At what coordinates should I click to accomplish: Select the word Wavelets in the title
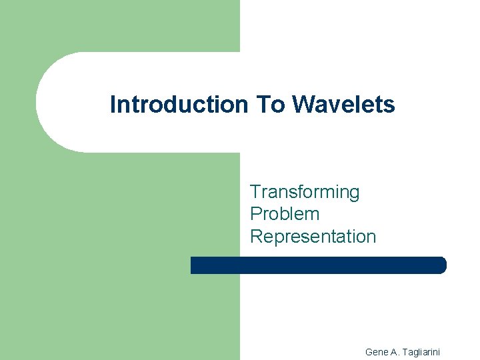click(x=343, y=105)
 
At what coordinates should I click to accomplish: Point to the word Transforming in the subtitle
click(x=304, y=193)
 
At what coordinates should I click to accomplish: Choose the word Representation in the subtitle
click(x=313, y=236)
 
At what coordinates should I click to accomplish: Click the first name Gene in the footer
click(x=377, y=351)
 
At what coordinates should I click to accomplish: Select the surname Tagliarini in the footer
click(x=426, y=351)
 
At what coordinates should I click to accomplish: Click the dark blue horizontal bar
click(x=318, y=265)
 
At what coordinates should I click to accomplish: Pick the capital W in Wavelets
click(x=303, y=105)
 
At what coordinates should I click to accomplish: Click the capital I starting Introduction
click(x=113, y=105)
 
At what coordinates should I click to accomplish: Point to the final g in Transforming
click(x=354, y=194)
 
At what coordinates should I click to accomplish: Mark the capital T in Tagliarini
click(x=406, y=351)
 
